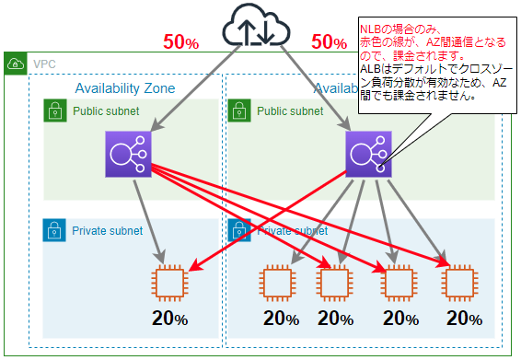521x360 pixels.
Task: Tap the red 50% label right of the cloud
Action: pyautogui.click(x=330, y=42)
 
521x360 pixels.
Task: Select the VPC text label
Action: pyautogui.click(x=43, y=64)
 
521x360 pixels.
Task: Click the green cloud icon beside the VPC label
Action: pyautogui.click(x=15, y=64)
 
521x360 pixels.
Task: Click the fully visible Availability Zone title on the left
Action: pyautogui.click(x=124, y=88)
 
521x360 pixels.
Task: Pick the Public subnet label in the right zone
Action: pyautogui.click(x=290, y=111)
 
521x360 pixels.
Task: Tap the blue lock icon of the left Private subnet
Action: pyautogui.click(x=55, y=230)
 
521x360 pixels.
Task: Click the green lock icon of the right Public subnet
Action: pyautogui.click(x=238, y=111)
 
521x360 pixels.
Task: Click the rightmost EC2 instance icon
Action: pyautogui.click(x=462, y=282)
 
